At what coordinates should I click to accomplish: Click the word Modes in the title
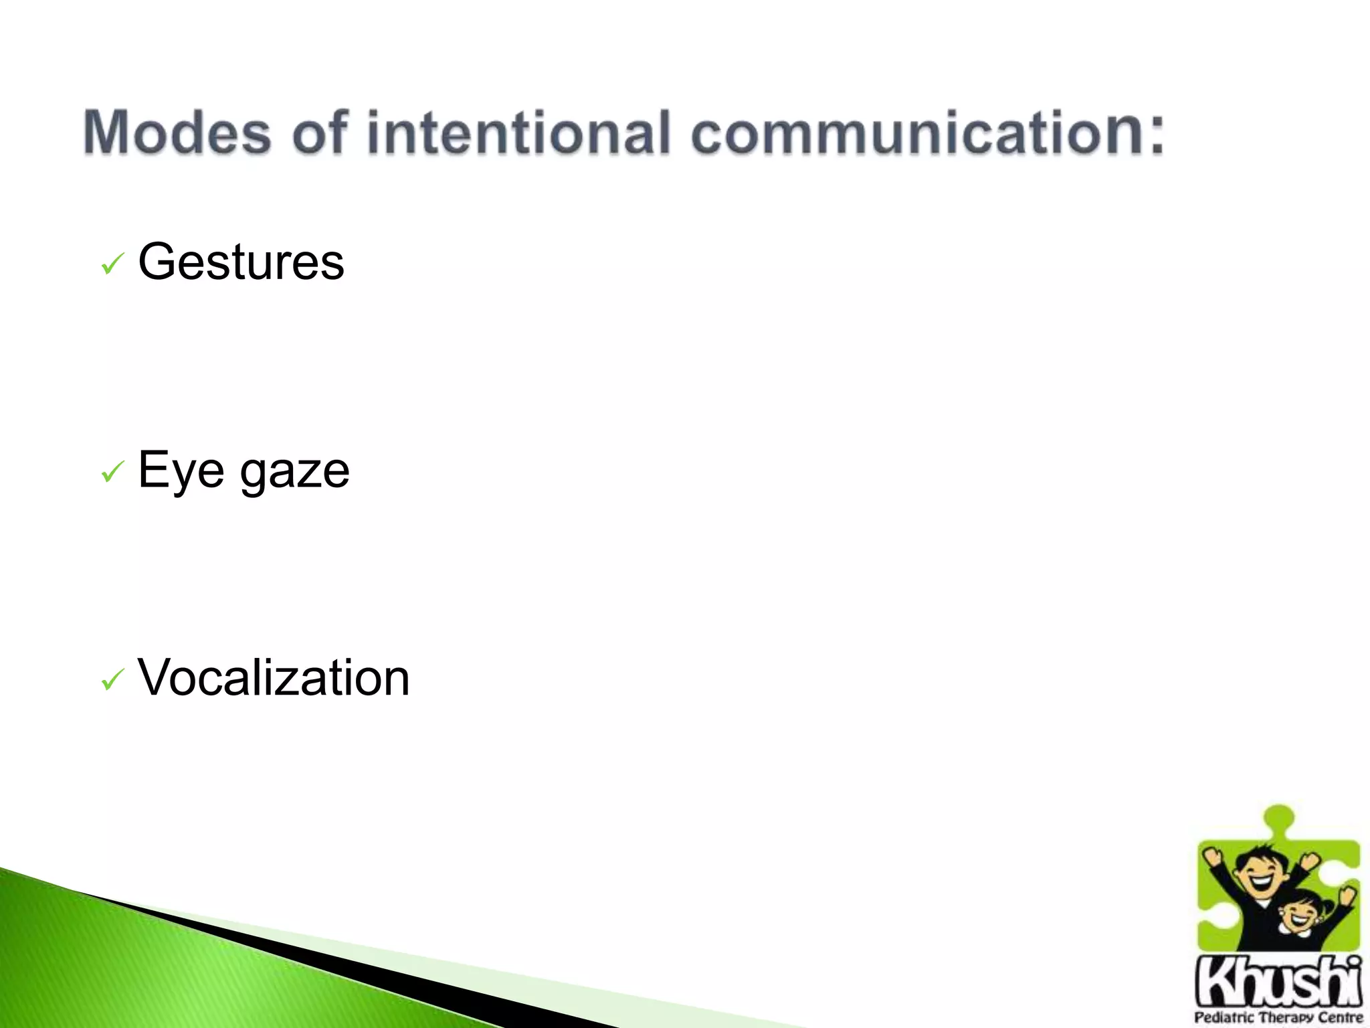pyautogui.click(x=177, y=133)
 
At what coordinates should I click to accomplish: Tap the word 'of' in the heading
pyautogui.click(x=320, y=133)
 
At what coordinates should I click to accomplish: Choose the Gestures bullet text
pyautogui.click(x=241, y=262)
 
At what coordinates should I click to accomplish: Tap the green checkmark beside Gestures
pyautogui.click(x=112, y=264)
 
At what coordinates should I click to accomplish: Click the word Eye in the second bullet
pyautogui.click(x=181, y=470)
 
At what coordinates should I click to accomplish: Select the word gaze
pyautogui.click(x=294, y=473)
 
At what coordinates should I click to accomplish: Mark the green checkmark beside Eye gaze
pyautogui.click(x=112, y=473)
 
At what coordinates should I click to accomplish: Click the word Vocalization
pyautogui.click(x=273, y=678)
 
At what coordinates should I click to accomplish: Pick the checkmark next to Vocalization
pyautogui.click(x=112, y=681)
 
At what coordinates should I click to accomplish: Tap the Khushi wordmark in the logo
pyautogui.click(x=1278, y=981)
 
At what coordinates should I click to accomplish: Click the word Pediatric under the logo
pyautogui.click(x=1225, y=1018)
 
